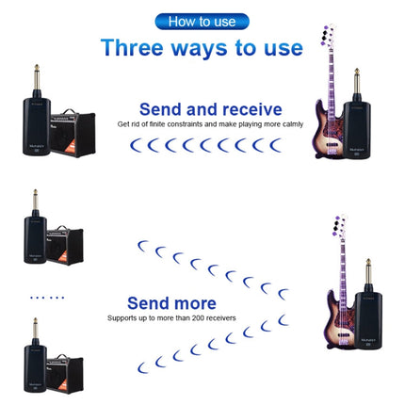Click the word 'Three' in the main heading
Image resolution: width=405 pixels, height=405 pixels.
click(133, 48)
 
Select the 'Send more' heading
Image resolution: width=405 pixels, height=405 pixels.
click(171, 303)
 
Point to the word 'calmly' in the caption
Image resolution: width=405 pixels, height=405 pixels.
click(272, 124)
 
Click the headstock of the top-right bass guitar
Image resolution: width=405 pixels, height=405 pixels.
click(328, 38)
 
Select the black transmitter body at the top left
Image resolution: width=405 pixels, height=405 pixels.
click(32, 127)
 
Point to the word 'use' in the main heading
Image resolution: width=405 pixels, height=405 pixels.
click(279, 48)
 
